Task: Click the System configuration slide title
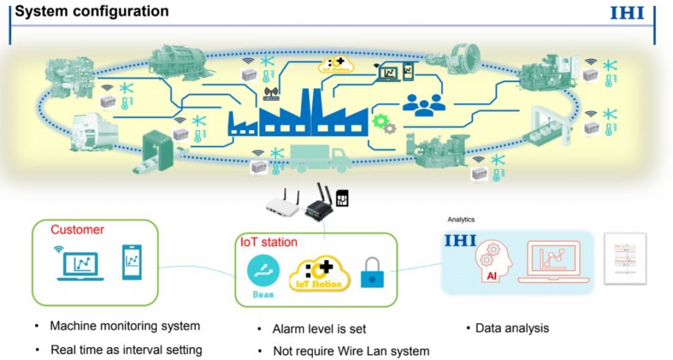pyautogui.click(x=92, y=12)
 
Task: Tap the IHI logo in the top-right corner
pyautogui.click(x=627, y=13)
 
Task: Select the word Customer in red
pyautogui.click(x=78, y=230)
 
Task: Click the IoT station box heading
pyautogui.click(x=269, y=242)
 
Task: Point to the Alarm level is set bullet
pyautogui.click(x=319, y=328)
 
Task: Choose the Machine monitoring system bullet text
pyautogui.click(x=125, y=326)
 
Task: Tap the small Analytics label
pyautogui.click(x=461, y=220)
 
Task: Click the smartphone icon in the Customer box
pyautogui.click(x=132, y=262)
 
